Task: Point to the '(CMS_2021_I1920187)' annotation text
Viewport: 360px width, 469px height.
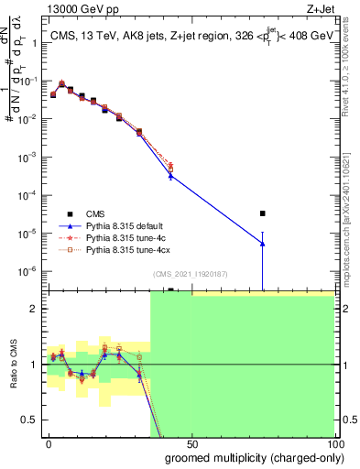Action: click(x=191, y=273)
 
